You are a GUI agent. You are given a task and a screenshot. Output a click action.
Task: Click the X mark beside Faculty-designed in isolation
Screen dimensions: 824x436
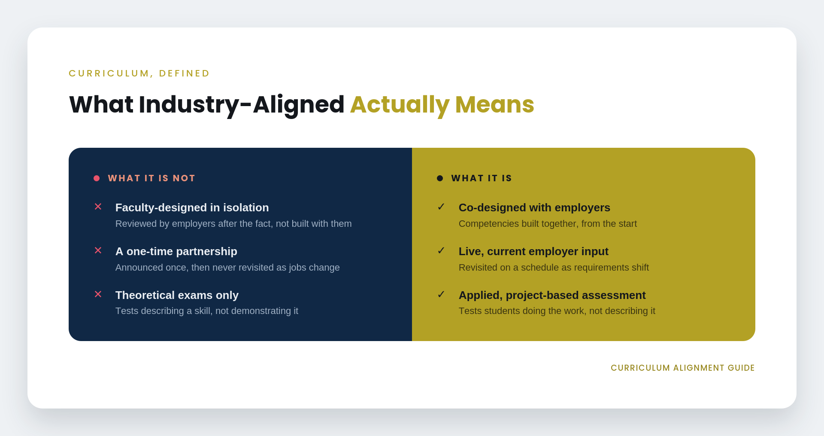pyautogui.click(x=98, y=207)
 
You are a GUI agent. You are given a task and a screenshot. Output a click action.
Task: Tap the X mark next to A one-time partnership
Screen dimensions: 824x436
pyautogui.click(x=98, y=250)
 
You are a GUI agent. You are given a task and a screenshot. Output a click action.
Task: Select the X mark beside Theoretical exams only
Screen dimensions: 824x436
pyautogui.click(x=98, y=294)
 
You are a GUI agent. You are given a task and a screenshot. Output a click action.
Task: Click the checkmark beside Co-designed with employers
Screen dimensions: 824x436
pyautogui.click(x=441, y=207)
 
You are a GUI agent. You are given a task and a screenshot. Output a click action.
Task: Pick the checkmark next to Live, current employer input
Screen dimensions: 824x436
pyautogui.click(x=441, y=250)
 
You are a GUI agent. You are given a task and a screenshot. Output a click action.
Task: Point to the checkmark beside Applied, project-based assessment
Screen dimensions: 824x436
pyautogui.click(x=441, y=294)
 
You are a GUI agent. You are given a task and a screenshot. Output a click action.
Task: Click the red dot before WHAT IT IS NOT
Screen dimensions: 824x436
pyautogui.click(x=97, y=178)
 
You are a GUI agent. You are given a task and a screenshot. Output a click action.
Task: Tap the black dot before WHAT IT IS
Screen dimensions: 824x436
pyautogui.click(x=440, y=178)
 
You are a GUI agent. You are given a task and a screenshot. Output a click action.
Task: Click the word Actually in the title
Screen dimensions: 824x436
pyautogui.click(x=400, y=105)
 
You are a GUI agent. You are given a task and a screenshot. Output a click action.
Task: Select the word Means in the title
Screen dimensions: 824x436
pyautogui.click(x=494, y=104)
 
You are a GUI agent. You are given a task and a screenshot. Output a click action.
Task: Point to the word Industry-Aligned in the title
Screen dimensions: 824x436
pyautogui.click(x=242, y=105)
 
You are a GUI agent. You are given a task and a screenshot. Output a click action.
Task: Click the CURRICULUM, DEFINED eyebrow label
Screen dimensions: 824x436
pyautogui.click(x=139, y=73)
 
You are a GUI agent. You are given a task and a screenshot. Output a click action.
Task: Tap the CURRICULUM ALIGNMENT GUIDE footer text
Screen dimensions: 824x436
pyautogui.click(x=682, y=368)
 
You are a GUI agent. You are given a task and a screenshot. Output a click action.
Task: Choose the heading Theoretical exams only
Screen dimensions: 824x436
pyautogui.click(x=177, y=295)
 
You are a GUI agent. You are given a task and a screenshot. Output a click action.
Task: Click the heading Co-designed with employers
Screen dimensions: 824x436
pyautogui.click(x=534, y=207)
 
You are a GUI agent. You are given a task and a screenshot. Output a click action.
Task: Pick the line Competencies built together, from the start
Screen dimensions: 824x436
pyautogui.click(x=548, y=224)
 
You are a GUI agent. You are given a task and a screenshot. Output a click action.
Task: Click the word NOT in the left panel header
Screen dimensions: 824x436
pyautogui.click(x=184, y=178)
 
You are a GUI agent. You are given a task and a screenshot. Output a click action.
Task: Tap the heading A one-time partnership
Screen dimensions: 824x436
pyautogui.click(x=176, y=251)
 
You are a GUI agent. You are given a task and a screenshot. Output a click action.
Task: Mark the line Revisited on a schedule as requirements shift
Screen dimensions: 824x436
pyautogui.click(x=554, y=267)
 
